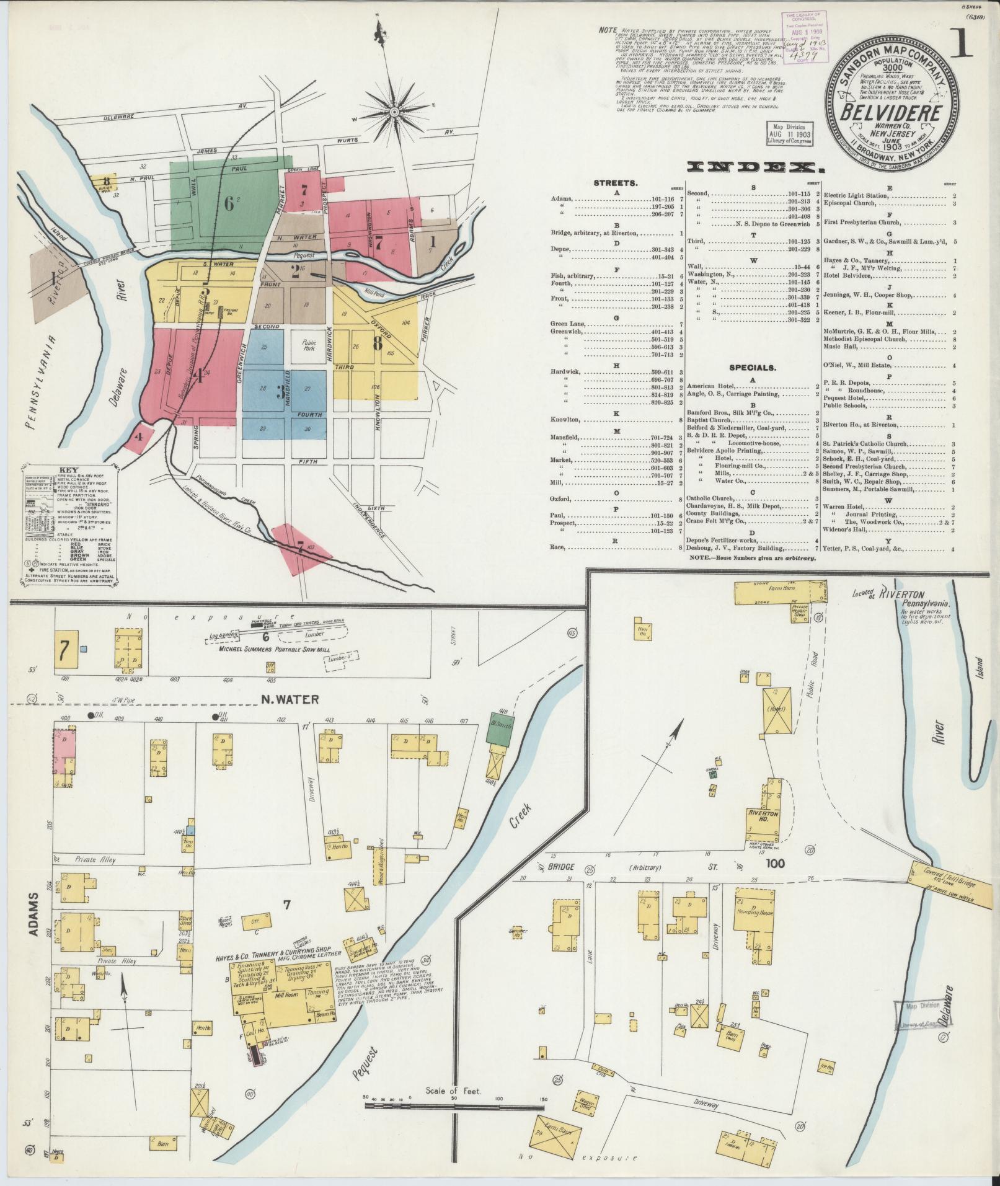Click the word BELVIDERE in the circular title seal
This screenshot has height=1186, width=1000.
[892, 113]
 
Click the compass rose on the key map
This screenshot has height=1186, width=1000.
[394, 112]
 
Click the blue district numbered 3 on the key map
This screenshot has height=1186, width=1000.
[281, 391]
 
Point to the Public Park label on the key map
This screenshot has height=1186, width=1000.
[309, 345]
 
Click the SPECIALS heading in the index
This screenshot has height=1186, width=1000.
[752, 368]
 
